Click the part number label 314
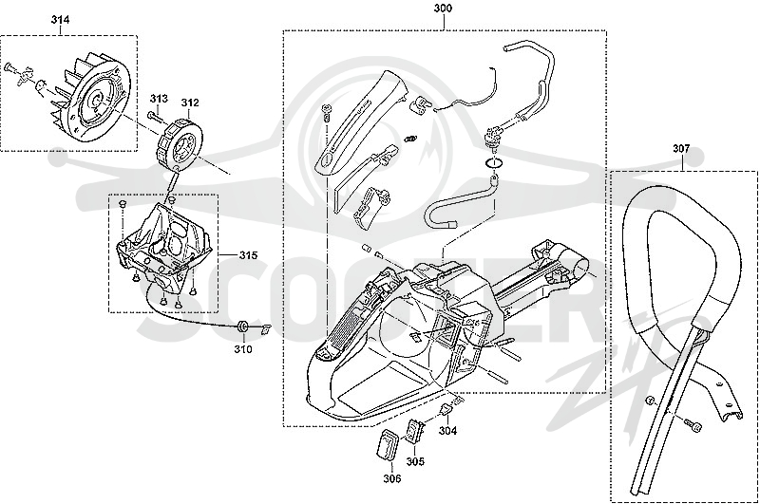click(60, 19)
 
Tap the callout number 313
click(159, 99)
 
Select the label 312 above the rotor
click(190, 103)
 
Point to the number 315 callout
click(248, 255)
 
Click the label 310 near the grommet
click(243, 349)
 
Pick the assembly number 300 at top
click(443, 9)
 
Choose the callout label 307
click(681, 149)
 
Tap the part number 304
click(447, 430)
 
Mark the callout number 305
click(415, 461)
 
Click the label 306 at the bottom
click(392, 478)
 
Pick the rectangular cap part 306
click(387, 443)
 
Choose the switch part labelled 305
click(415, 430)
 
